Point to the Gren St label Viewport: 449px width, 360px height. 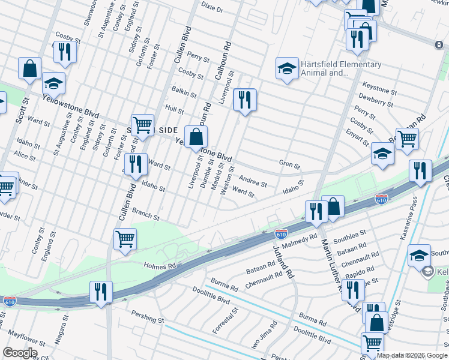click(289, 163)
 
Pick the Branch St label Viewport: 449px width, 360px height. click(146, 214)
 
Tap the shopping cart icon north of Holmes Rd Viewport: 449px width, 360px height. click(125, 238)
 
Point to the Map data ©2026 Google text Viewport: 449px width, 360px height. click(412, 355)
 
